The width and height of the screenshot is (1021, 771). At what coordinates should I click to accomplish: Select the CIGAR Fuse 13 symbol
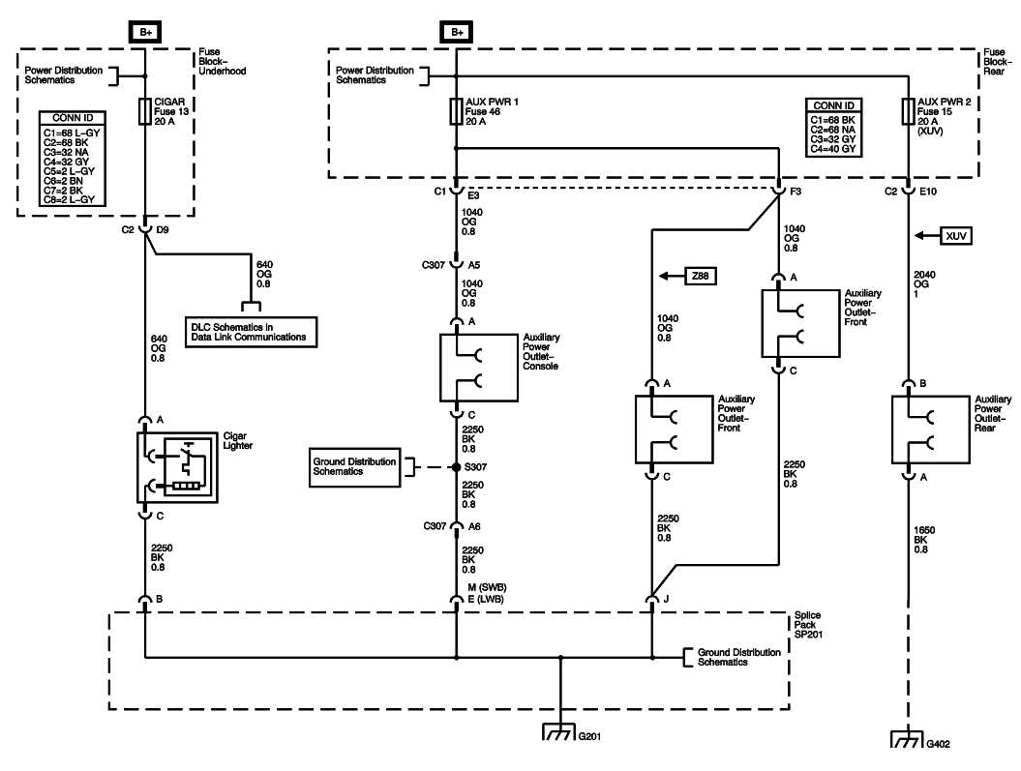click(x=145, y=111)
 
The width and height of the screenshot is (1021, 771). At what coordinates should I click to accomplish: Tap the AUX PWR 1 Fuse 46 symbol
click(x=456, y=111)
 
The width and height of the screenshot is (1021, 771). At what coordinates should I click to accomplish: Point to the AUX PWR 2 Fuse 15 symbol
click(x=907, y=111)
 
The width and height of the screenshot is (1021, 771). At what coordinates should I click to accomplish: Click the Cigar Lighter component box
click(x=177, y=467)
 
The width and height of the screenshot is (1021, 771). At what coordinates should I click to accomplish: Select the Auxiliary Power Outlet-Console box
click(x=477, y=368)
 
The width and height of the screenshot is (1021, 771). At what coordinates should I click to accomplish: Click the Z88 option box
click(x=700, y=276)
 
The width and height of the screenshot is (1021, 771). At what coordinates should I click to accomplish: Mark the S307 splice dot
click(x=456, y=467)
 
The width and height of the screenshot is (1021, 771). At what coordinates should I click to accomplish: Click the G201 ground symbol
click(x=559, y=731)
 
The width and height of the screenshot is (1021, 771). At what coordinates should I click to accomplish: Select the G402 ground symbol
click(x=907, y=741)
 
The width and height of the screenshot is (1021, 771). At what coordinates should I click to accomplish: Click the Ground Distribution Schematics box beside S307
click(x=355, y=467)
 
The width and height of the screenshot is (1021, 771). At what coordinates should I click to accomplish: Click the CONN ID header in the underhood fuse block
click(x=73, y=118)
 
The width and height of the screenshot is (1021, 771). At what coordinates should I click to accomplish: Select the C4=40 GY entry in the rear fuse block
click(x=833, y=149)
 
